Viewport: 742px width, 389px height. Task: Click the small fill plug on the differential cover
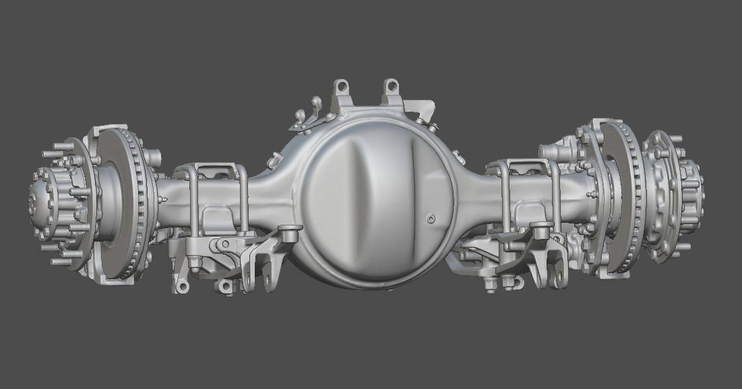[x=431, y=217]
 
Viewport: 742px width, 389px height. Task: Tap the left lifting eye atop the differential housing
[x=342, y=87]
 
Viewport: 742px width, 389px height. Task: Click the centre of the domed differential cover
[x=374, y=202]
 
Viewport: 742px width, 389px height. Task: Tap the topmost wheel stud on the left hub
[x=65, y=145]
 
